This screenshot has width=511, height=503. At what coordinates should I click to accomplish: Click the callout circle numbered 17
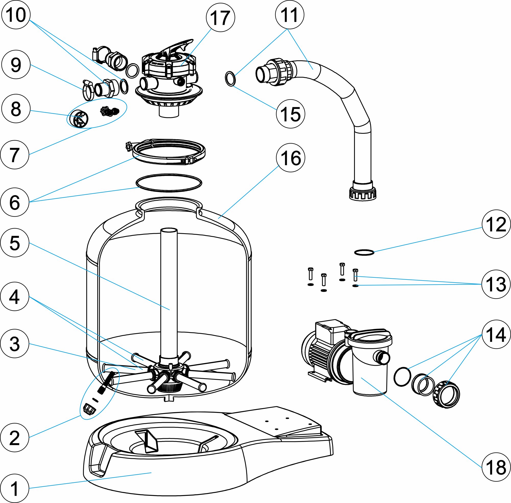coord(220,18)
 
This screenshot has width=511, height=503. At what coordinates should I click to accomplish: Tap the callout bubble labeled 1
coord(15,488)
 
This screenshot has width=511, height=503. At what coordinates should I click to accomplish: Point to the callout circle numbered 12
coord(496,224)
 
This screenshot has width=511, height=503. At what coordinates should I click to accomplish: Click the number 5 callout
coord(15,243)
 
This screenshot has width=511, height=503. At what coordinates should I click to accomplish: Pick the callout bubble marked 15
coord(290,114)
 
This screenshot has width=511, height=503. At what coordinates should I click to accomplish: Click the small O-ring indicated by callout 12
coord(364,253)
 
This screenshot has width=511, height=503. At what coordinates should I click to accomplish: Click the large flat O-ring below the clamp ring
coord(169,183)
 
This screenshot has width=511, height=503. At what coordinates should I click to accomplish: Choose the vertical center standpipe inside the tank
coord(169,290)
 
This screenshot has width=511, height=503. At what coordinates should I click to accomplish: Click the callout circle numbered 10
coord(16,15)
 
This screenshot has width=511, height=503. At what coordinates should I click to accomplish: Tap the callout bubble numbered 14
coord(496,334)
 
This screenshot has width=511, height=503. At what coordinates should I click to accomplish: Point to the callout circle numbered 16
coord(290,158)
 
